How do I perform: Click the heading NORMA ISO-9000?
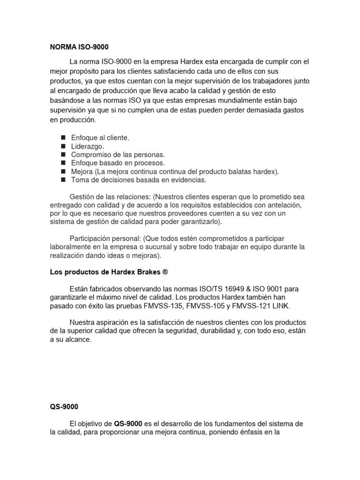coord(79,47)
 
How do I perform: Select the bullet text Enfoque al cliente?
coord(100,138)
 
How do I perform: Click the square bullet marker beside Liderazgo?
coord(63,146)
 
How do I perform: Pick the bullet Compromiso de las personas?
coord(118,155)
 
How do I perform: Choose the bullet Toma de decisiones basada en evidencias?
coord(138,180)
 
